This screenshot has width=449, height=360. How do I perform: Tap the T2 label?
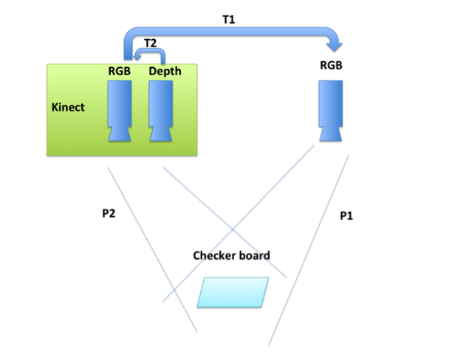[150, 44]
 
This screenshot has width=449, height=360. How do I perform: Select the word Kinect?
[68, 107]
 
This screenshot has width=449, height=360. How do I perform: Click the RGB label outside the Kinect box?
[330, 66]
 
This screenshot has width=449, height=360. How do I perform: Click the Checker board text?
[231, 255]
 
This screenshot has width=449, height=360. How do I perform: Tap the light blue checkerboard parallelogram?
[232, 292]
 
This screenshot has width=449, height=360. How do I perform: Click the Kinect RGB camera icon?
[120, 109]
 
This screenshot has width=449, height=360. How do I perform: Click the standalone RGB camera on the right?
[331, 109]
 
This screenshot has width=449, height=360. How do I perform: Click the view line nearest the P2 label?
[151, 251]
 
